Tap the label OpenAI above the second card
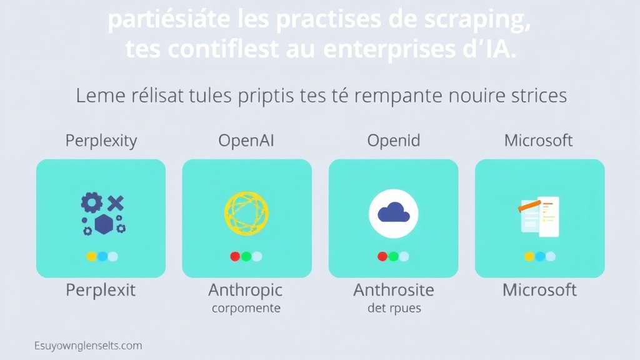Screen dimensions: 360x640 [x=246, y=141]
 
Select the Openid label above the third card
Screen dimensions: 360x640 [x=393, y=141]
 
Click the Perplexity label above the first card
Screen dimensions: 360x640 [x=101, y=141]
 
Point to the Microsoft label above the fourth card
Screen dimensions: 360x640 [x=538, y=141]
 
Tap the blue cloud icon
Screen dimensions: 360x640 [x=393, y=213]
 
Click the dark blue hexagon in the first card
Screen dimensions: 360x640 [x=103, y=224]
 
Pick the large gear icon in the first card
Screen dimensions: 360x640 [x=92, y=202]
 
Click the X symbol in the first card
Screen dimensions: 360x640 [x=116, y=202]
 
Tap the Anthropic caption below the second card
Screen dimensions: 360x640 [x=246, y=290]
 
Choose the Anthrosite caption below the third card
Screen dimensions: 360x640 [x=393, y=290]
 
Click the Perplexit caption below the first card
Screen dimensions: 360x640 [x=101, y=290]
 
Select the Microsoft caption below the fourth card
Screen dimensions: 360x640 [x=540, y=290]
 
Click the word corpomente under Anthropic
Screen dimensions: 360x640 [x=246, y=308]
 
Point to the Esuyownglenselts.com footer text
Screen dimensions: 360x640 [x=88, y=345]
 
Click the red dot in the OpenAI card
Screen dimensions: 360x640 [x=236, y=256]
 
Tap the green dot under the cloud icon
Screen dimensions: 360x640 [x=393, y=256]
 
